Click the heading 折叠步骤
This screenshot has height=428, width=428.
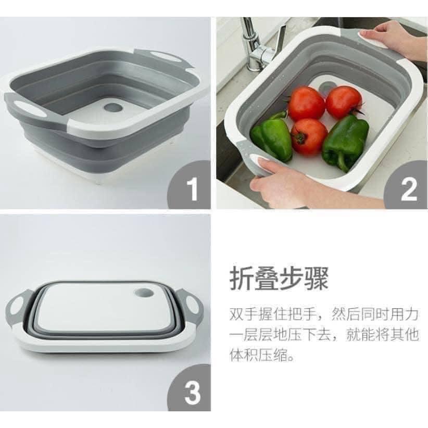coord(279,279)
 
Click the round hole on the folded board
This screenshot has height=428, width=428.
coord(144,293)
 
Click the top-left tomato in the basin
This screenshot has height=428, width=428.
coord(306,104)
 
